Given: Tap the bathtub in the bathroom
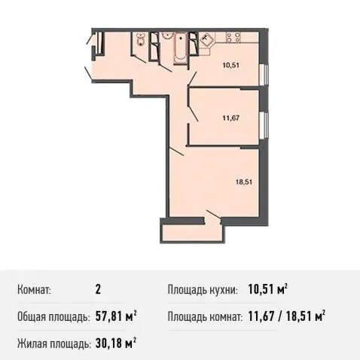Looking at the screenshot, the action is point(181,47).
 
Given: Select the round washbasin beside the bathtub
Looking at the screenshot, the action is point(166,35).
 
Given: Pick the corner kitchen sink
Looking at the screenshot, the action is point(207,40).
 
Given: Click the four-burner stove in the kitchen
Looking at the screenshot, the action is point(233,37).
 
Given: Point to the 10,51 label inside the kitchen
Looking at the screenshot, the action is point(231,66).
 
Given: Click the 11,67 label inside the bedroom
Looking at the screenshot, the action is point(231,117).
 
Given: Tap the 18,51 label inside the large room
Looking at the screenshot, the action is point(244,182).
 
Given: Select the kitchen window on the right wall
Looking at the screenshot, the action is point(264,75).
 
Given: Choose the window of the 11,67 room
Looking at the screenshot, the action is point(264,125).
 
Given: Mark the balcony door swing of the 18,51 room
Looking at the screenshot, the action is point(213,215).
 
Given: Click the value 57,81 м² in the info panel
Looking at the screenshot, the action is point(116,316).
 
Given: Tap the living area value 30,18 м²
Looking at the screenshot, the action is point(116,343).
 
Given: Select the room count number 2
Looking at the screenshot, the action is point(98,290).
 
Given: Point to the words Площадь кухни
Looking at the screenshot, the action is point(203,290).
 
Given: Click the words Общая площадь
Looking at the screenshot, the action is point(53,317).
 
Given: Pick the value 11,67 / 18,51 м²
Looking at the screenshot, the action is point(287,316).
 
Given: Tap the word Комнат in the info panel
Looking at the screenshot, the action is point(34,290).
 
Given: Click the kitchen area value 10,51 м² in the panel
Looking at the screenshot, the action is point(267,290).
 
